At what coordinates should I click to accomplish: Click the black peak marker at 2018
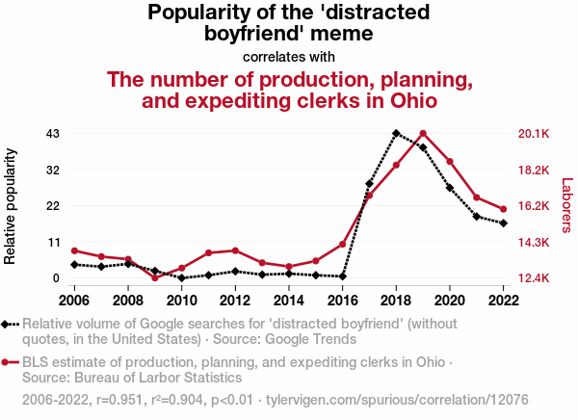pyautogui.click(x=396, y=134)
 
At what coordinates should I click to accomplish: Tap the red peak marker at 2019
pyautogui.click(x=423, y=134)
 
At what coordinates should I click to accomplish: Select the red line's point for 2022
pyautogui.click(x=503, y=209)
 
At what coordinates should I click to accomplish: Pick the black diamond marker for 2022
pyautogui.click(x=503, y=223)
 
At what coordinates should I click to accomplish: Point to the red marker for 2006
pyautogui.click(x=74, y=250)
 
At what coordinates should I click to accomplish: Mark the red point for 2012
pyautogui.click(x=235, y=250)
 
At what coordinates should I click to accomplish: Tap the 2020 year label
pyautogui.click(x=450, y=300)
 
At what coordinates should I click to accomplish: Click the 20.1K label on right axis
pyautogui.click(x=535, y=133)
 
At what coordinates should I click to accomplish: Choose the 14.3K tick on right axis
pyautogui.click(x=535, y=242)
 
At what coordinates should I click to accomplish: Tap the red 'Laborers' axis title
pyautogui.click(x=566, y=205)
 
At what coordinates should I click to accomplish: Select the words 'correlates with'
pyautogui.click(x=289, y=56)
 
